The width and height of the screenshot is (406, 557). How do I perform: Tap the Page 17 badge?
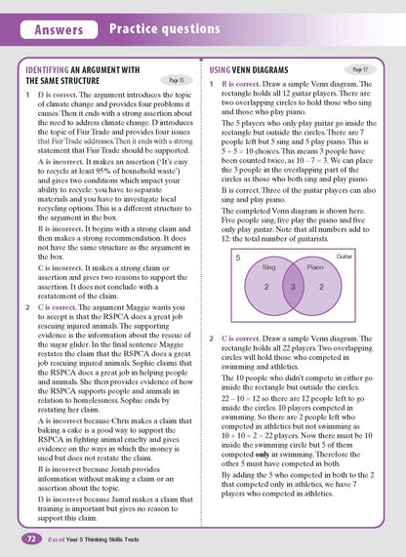click(x=359, y=70)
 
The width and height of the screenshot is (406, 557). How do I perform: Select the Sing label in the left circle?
click(x=270, y=266)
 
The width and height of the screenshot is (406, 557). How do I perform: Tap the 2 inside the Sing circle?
click(x=266, y=288)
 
